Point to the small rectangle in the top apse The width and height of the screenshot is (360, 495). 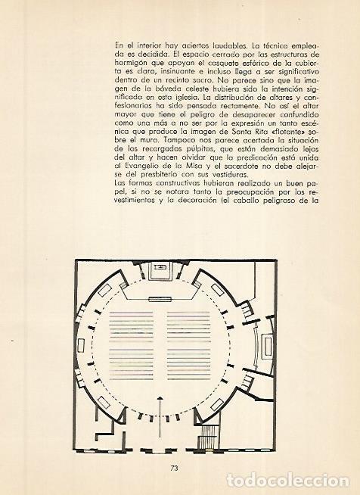(x=162, y=268)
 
